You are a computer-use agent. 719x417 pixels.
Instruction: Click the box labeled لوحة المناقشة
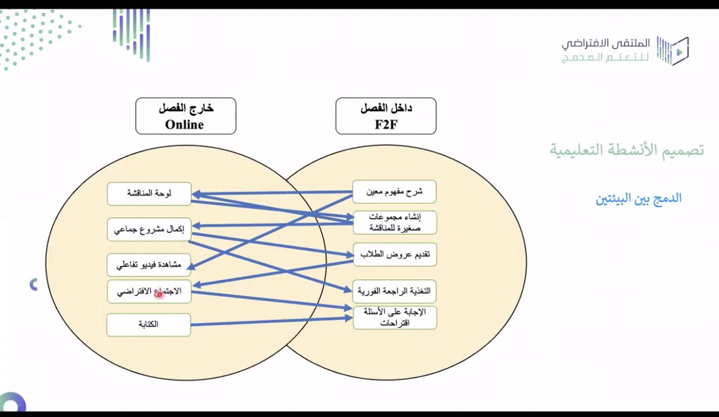pos(149,194)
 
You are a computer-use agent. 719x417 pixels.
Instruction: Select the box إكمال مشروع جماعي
pos(149,229)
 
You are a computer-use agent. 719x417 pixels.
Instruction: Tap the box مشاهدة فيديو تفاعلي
pos(149,265)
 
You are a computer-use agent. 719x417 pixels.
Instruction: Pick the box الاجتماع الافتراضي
pos(149,292)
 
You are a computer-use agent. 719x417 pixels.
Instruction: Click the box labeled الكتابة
pos(149,325)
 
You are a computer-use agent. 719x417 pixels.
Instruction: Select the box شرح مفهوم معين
pos(394,191)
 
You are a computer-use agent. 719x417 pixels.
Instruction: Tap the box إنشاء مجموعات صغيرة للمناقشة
pos(394,222)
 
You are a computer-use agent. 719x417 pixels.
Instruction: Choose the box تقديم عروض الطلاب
pos(394,254)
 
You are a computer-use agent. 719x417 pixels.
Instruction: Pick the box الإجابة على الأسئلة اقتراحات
pos(394,317)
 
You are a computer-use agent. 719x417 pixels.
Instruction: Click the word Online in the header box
pos(185,125)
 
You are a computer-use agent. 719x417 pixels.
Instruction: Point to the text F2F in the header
pos(386,125)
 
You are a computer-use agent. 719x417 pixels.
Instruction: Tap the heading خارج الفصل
pos(186,109)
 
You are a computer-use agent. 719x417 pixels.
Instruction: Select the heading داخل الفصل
pos(386,109)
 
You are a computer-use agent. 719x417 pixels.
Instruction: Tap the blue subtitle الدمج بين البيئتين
pos(639,198)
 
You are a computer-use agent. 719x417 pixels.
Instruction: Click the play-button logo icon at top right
pos(674,51)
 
